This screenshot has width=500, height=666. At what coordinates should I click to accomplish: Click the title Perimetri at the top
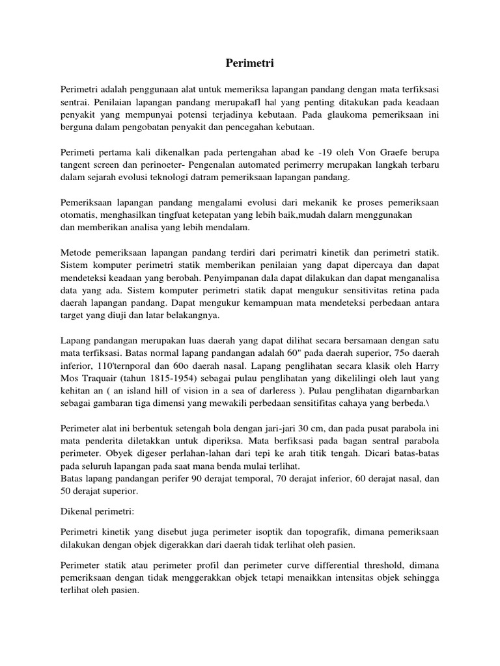(x=250, y=63)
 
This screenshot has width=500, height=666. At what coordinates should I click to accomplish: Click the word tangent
(x=77, y=165)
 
